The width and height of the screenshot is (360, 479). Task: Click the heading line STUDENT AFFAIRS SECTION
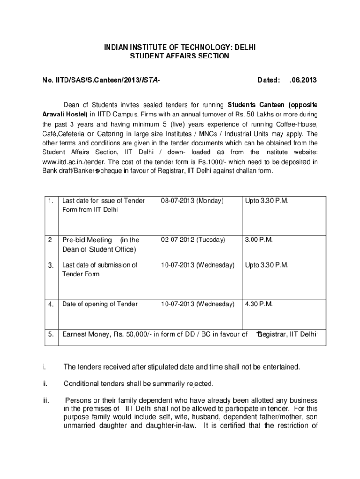point(180,56)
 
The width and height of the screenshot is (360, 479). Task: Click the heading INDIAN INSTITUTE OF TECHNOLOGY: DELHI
point(180,48)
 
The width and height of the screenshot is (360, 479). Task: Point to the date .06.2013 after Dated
point(303,80)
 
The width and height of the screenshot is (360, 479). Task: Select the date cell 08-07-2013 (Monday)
point(193,201)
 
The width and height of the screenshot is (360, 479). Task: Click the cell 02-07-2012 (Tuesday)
point(193,239)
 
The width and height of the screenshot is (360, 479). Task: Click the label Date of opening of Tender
point(100,304)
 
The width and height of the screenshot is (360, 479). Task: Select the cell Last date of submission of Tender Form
point(100,269)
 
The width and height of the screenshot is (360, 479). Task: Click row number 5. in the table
point(50,334)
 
